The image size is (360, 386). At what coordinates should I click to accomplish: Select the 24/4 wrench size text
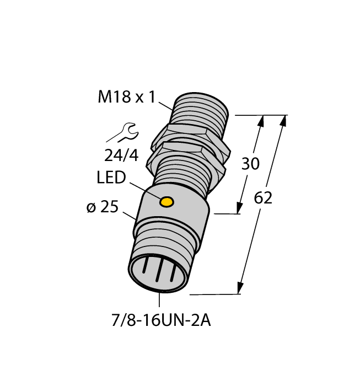pyautogui.click(x=121, y=156)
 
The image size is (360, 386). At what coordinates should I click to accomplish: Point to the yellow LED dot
pyautogui.click(x=166, y=202)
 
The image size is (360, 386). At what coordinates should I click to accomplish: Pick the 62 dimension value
pyautogui.click(x=263, y=199)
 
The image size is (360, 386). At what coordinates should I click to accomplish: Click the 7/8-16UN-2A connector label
pyautogui.click(x=159, y=320)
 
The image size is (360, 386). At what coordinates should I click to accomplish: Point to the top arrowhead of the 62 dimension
pyautogui.click(x=284, y=120)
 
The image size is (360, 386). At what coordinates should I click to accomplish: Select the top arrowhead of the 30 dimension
pyautogui.click(x=261, y=120)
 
